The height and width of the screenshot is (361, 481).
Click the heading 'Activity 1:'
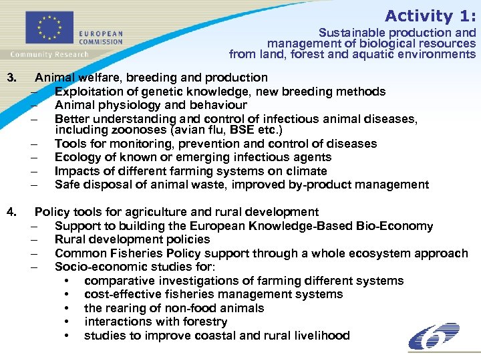(430, 15)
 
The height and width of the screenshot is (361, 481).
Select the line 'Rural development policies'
(132, 239)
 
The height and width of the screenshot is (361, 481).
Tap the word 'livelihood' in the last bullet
(319, 336)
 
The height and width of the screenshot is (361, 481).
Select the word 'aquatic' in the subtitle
(376, 54)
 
